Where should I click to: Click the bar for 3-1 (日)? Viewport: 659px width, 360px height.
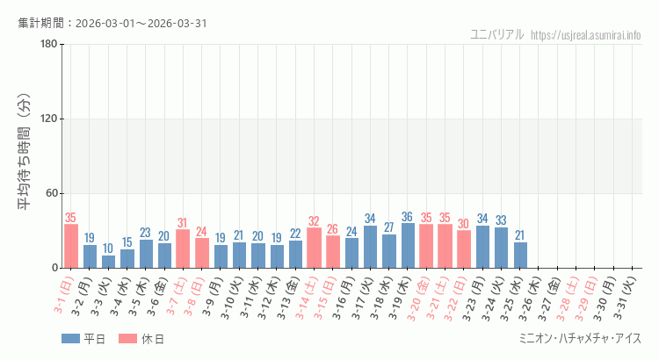[71, 246]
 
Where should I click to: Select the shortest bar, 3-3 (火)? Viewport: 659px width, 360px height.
[108, 262]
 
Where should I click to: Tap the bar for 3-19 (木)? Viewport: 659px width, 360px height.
[408, 246]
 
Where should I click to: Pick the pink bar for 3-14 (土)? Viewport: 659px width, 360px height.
[314, 248]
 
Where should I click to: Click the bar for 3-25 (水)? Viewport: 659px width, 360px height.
[520, 255]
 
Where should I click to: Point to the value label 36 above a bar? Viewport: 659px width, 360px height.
[408, 217]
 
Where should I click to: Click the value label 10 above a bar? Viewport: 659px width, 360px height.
[108, 248]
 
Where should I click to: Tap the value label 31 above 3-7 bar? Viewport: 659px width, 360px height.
[183, 223]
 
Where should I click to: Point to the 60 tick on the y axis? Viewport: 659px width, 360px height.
[51, 194]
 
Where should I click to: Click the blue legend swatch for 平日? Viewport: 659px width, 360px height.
[70, 339]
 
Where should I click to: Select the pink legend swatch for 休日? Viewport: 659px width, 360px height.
[127, 339]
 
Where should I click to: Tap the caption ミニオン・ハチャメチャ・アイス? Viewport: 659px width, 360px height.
[580, 339]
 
